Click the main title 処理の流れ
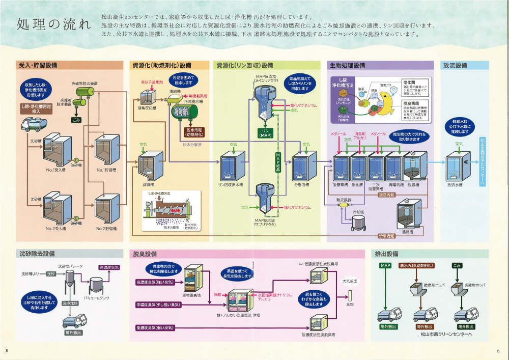point(54,24)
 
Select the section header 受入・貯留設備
point(38,66)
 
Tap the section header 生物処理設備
point(348,66)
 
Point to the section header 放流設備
point(455,66)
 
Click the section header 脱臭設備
point(145,254)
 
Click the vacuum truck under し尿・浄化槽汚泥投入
point(32,123)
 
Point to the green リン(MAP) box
point(266,133)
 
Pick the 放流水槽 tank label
point(454,185)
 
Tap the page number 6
point(498,351)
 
